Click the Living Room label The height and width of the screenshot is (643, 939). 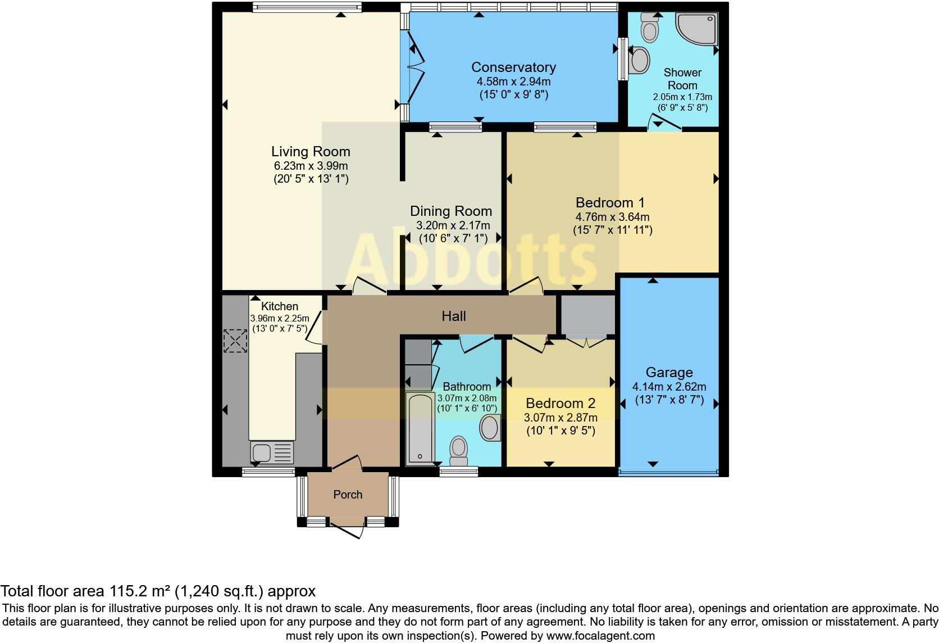pos(311,151)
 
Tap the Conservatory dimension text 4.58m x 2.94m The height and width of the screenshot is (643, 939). pos(513,81)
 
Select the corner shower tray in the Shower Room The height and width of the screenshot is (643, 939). pos(696,29)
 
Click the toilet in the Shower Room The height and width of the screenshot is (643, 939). pos(650,28)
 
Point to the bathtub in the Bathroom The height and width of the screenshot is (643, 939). pos(421,429)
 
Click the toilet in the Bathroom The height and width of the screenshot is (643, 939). pos(459,451)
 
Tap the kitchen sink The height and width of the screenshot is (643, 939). pos(272,452)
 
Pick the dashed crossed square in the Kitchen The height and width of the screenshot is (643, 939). pos(235,341)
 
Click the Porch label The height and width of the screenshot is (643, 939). pos(348,495)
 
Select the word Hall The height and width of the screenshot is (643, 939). pos(454,316)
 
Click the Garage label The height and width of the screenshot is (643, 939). pos(669,373)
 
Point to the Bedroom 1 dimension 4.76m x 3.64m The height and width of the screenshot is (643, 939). pos(613,218)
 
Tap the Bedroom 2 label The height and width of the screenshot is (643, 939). pos(560,404)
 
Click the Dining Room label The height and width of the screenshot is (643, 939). pos(450,211)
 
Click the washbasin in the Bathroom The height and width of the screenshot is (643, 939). pos(490,428)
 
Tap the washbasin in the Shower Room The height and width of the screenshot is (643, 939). pos(640,60)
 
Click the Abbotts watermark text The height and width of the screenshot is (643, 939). pos(470,256)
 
